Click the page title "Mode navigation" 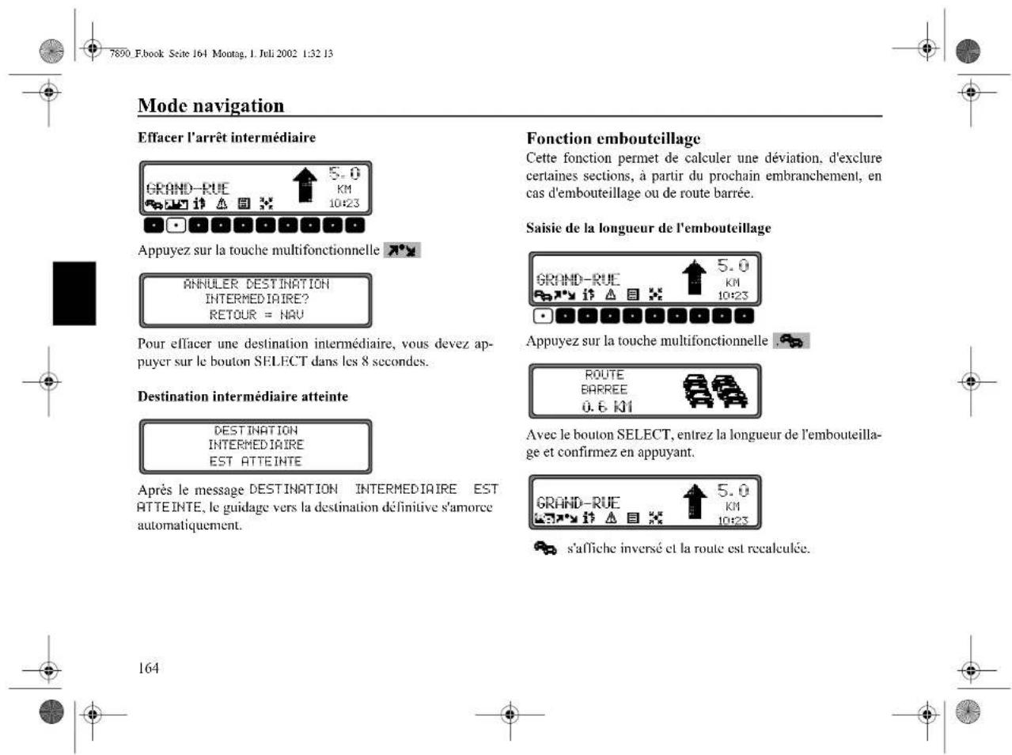pyautogui.click(x=210, y=105)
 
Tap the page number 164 pyautogui.click(x=148, y=668)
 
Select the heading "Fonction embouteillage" pyautogui.click(x=613, y=138)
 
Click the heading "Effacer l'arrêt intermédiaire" pyautogui.click(x=226, y=138)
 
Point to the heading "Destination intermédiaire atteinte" pyautogui.click(x=242, y=396)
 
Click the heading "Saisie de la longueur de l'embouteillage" pyautogui.click(x=648, y=228)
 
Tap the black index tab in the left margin pyautogui.click(x=74, y=293)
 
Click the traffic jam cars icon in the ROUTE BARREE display pyautogui.click(x=715, y=391)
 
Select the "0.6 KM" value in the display pyautogui.click(x=606, y=407)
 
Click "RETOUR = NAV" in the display pyautogui.click(x=256, y=315)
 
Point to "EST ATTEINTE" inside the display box pyautogui.click(x=256, y=461)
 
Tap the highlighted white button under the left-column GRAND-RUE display pyautogui.click(x=176, y=226)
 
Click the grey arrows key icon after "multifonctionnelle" pyautogui.click(x=402, y=250)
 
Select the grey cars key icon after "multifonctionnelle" pyautogui.click(x=791, y=341)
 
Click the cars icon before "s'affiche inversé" pyautogui.click(x=545, y=548)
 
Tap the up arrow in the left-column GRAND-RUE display pyautogui.click(x=305, y=185)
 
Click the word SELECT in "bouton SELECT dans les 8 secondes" pyautogui.click(x=280, y=362)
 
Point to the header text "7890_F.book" pyautogui.click(x=136, y=54)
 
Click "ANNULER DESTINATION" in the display pyautogui.click(x=256, y=284)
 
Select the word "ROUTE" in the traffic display pyautogui.click(x=605, y=375)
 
